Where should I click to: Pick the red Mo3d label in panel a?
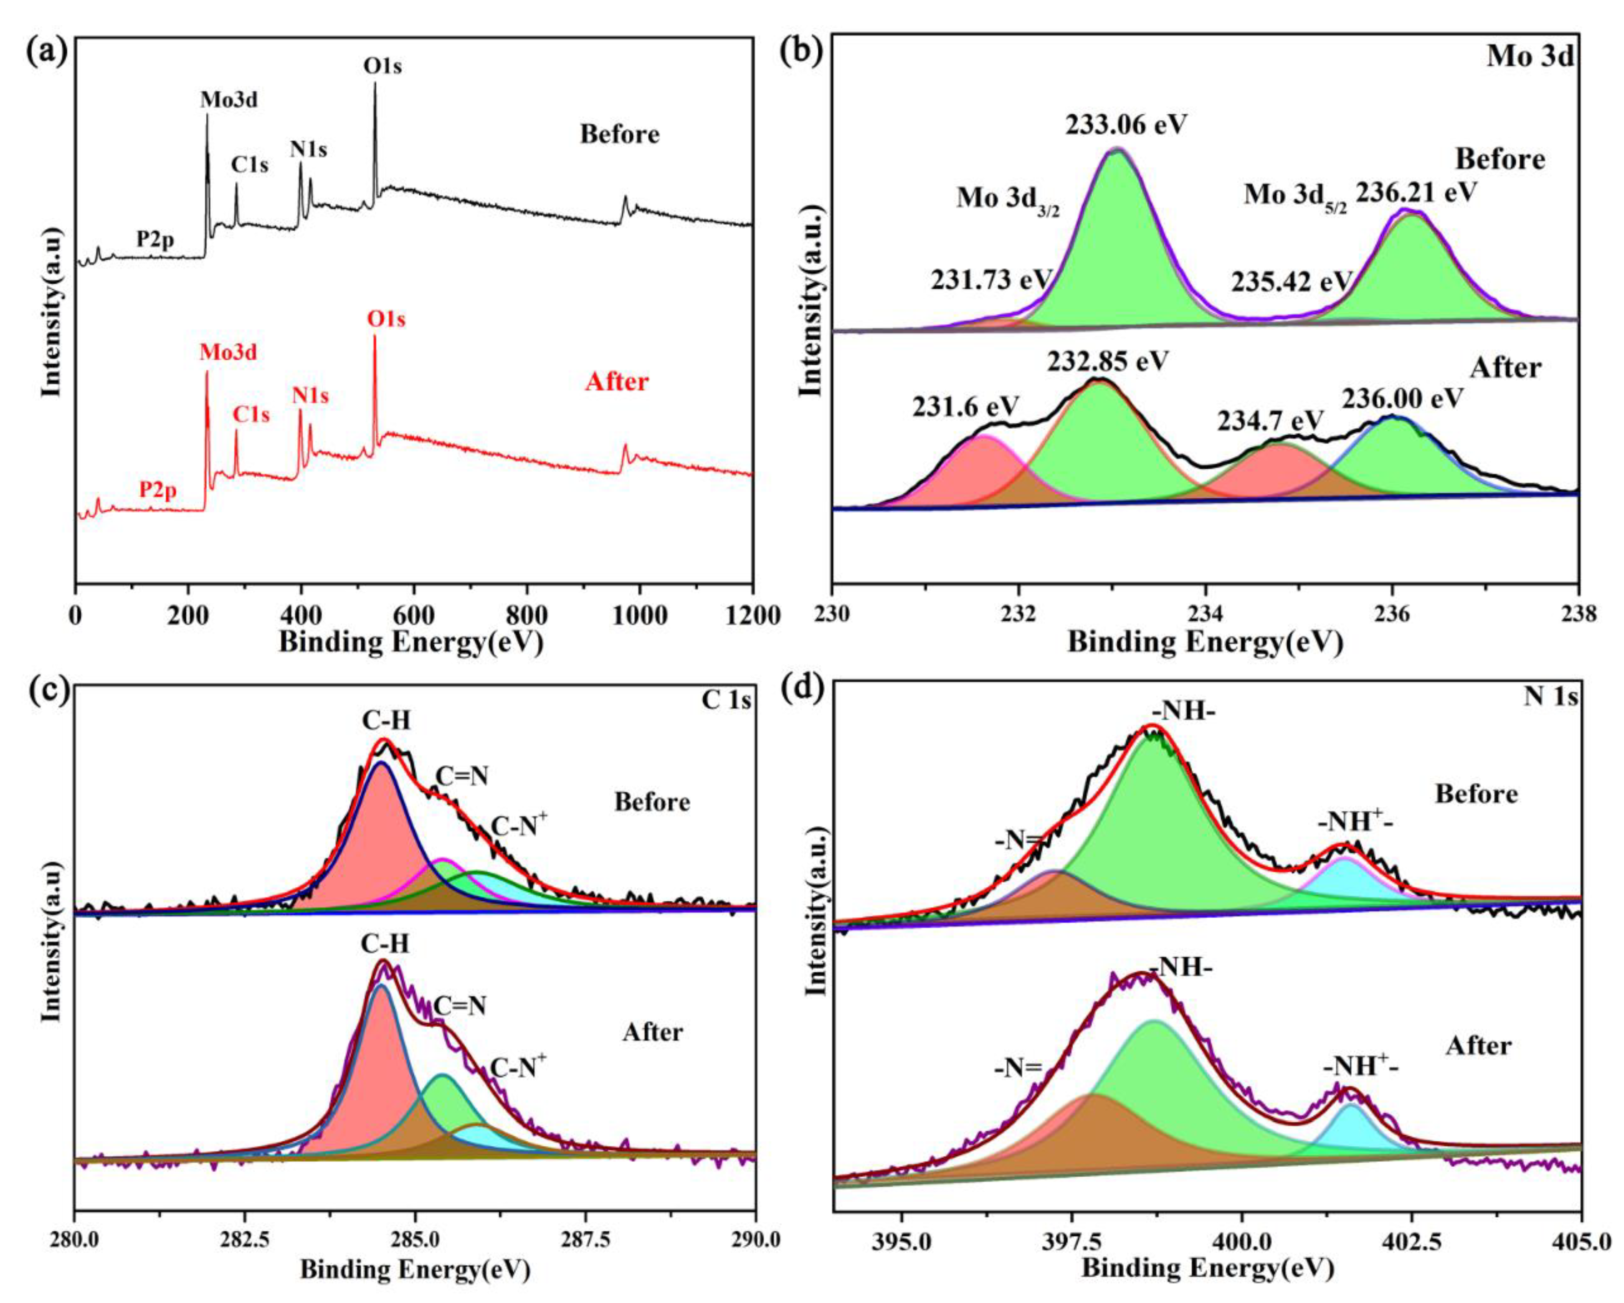(x=228, y=352)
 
